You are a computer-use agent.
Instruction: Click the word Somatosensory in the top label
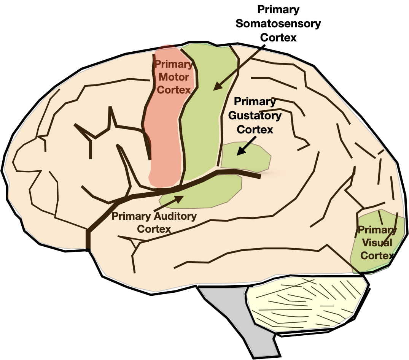[x=278, y=24]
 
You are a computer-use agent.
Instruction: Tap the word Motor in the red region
[x=173, y=77]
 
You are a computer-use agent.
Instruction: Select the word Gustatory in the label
[x=255, y=116]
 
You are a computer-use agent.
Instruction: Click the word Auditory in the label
[x=175, y=217]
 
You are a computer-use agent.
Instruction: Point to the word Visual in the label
[x=377, y=243]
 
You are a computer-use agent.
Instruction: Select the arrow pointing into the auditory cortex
[x=169, y=203]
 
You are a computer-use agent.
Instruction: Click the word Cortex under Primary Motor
[x=173, y=90]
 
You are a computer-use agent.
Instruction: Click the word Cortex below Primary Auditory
[x=154, y=229]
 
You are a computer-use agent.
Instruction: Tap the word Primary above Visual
[x=377, y=230]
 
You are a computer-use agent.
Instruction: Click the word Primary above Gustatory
[x=255, y=102]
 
